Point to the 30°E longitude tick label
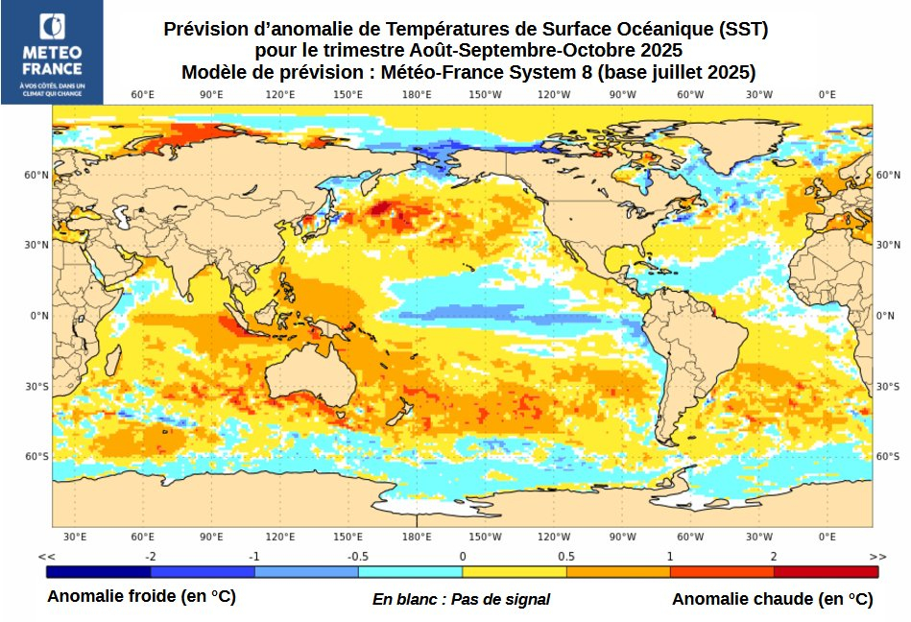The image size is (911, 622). (75, 537)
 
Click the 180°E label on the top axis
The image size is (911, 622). (417, 94)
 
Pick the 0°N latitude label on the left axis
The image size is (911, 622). (36, 316)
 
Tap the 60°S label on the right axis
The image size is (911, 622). (888, 457)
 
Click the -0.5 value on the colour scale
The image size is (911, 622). (358, 557)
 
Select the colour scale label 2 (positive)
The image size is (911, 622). (774, 557)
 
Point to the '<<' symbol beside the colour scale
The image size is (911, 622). (46, 557)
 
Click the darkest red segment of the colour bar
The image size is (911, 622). (826, 571)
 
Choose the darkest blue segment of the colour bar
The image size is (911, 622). (98, 571)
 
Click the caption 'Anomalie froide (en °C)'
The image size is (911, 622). (141, 597)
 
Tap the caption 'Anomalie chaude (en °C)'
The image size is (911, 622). (772, 599)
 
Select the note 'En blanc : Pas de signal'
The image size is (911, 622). (461, 599)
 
